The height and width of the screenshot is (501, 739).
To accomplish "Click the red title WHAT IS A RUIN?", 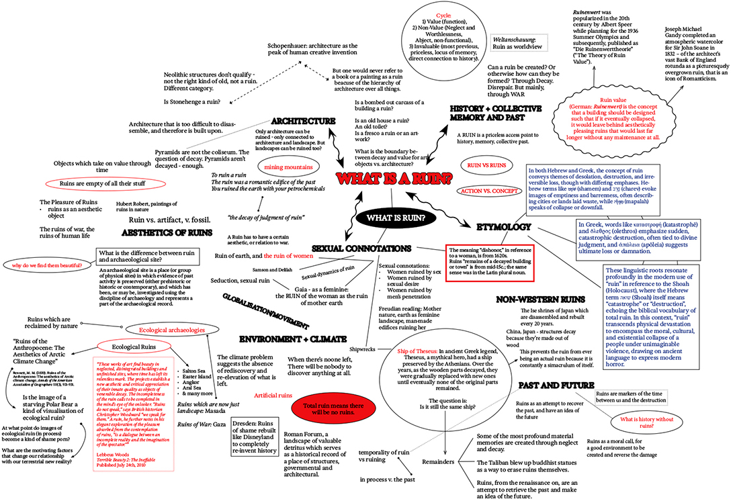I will coord(394,179).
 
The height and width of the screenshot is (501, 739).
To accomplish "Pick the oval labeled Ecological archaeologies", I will coord(171,330).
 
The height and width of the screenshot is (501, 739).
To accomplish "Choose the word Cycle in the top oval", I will coord(443,14).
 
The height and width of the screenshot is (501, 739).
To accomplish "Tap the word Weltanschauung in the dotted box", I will coord(518,40).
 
